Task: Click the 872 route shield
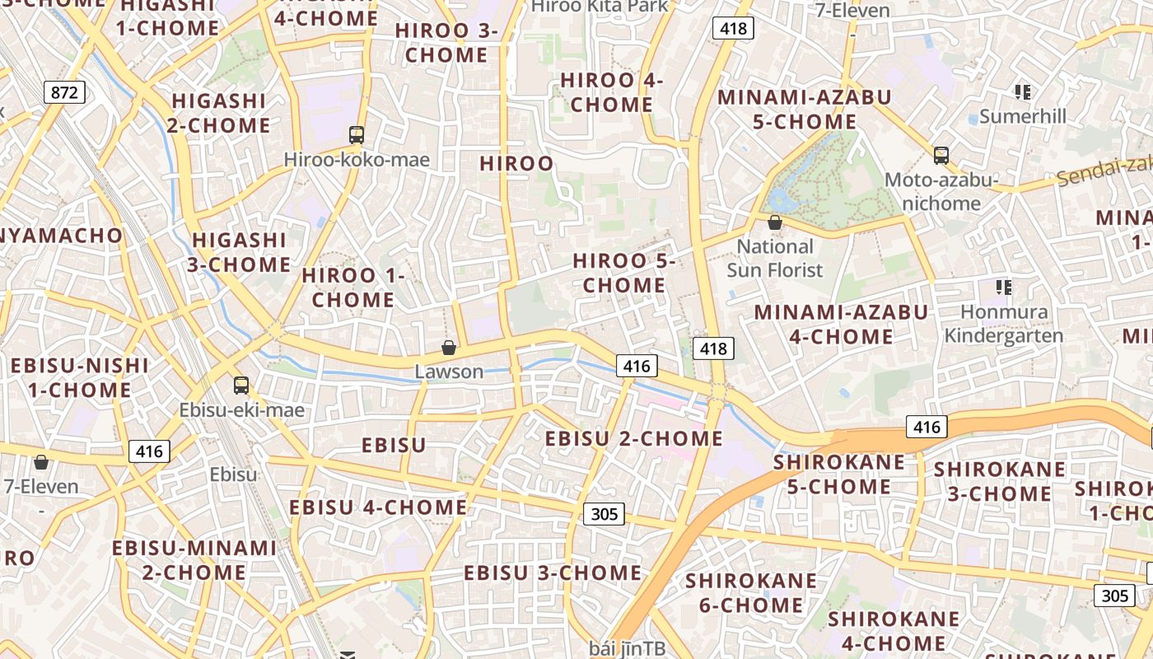click(x=64, y=92)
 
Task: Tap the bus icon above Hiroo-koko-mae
click(x=357, y=135)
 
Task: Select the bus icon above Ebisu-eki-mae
click(x=241, y=385)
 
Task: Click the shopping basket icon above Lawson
click(x=449, y=348)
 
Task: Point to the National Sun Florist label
click(x=775, y=258)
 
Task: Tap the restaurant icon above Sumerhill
click(x=1023, y=91)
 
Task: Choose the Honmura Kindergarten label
click(x=1004, y=324)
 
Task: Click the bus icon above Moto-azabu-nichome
click(x=941, y=155)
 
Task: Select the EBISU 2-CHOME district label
click(x=634, y=438)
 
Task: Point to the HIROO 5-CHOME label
click(x=624, y=273)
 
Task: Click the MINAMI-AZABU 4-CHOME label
click(x=841, y=325)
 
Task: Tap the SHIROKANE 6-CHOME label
click(x=751, y=593)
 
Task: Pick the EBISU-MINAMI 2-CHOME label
click(x=194, y=560)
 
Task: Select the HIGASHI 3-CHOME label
click(x=240, y=253)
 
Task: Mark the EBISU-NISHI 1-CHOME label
click(x=80, y=377)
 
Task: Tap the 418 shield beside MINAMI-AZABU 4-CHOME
click(x=713, y=348)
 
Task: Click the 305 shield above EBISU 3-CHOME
click(x=604, y=514)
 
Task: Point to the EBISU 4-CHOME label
click(x=378, y=507)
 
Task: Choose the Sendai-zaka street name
click(x=1104, y=171)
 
